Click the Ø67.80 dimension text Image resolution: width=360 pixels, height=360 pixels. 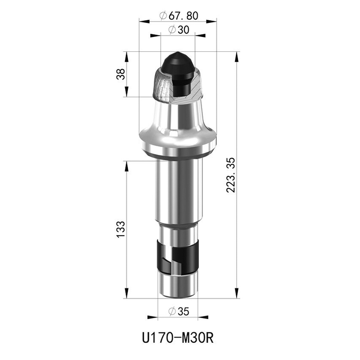[179, 16]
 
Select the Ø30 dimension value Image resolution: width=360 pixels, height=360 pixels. [179, 30]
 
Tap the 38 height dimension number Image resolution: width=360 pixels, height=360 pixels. [121, 74]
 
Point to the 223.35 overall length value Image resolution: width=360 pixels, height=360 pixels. [231, 175]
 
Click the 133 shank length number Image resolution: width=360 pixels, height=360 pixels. [121, 229]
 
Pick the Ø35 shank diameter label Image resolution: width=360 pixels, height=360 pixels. [179, 311]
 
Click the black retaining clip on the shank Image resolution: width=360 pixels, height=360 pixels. [177, 256]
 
